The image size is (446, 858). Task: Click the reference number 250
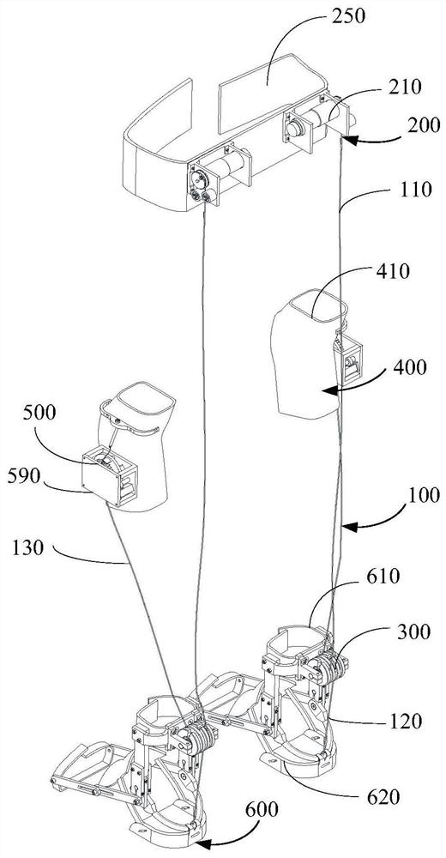(x=349, y=15)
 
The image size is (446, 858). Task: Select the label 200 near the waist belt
(x=424, y=125)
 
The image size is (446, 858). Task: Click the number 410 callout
(x=393, y=271)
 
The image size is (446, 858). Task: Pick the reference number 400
(x=409, y=367)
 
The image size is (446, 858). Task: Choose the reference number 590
(x=24, y=476)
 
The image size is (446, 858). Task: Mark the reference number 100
(x=423, y=495)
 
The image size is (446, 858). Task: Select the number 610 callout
(x=383, y=576)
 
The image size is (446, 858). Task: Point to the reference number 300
(x=414, y=632)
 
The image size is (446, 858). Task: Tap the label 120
(x=406, y=722)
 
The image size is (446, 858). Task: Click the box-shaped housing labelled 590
(x=110, y=477)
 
